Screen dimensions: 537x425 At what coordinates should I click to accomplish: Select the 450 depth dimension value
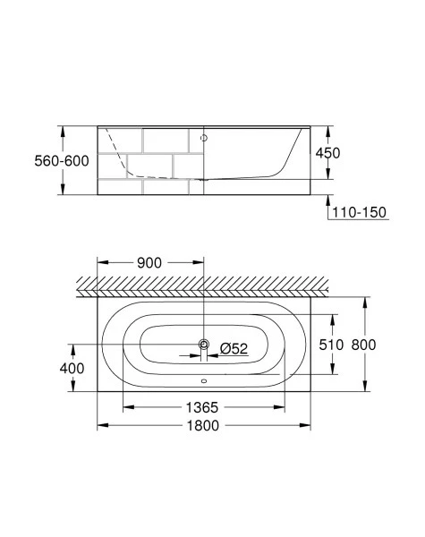click(x=328, y=152)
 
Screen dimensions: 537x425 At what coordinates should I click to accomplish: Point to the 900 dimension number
click(x=149, y=263)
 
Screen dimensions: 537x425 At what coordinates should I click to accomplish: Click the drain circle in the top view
click(x=204, y=345)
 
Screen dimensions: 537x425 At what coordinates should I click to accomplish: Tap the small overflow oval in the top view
click(x=204, y=388)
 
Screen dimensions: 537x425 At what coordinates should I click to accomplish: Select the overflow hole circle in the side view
click(x=204, y=139)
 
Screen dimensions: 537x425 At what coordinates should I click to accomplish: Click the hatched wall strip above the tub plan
click(x=203, y=285)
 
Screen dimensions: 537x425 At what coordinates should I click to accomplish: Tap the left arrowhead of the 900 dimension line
click(x=100, y=263)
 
